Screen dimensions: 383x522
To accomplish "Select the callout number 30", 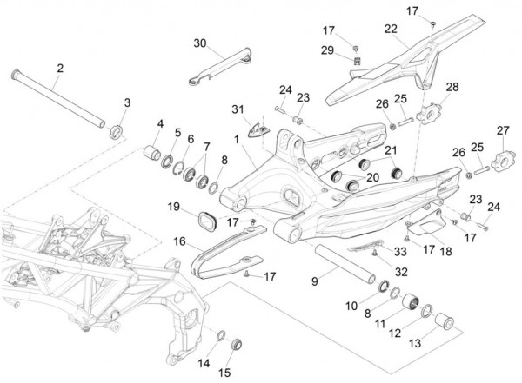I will tap(199, 43).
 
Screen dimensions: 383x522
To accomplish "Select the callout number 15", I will tap(225, 372).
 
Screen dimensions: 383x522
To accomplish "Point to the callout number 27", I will tap(502, 130).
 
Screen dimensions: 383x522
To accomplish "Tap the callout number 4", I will tap(159, 123).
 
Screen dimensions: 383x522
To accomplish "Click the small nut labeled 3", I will tap(116, 132).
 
